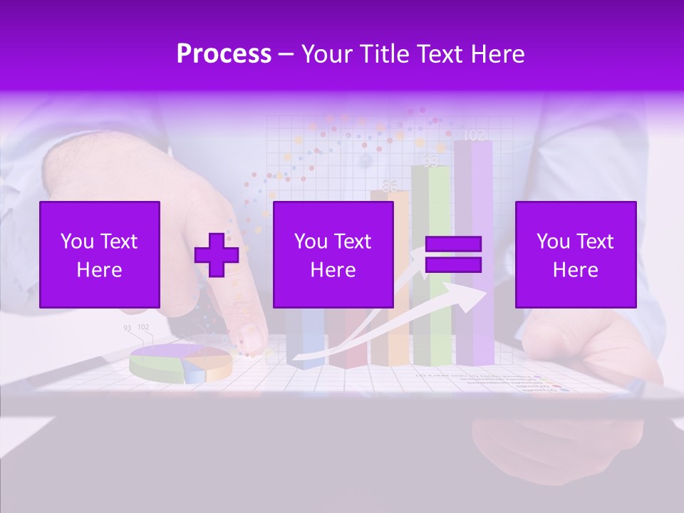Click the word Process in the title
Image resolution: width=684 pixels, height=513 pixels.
click(x=224, y=53)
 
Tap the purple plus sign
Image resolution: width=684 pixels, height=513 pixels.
click(x=217, y=255)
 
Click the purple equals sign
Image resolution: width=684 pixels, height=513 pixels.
click(x=453, y=254)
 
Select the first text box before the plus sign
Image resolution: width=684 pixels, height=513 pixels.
click(x=100, y=254)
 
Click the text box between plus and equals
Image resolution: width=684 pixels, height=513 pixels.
click(x=333, y=254)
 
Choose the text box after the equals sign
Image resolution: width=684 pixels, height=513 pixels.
click(x=575, y=254)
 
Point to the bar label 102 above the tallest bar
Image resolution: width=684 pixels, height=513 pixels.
click(x=473, y=135)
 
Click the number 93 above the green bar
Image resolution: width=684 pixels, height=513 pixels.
click(x=430, y=162)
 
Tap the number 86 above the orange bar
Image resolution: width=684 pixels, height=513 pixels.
click(x=390, y=187)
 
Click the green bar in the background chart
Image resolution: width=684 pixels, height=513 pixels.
click(x=431, y=335)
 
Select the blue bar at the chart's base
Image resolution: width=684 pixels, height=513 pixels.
click(x=305, y=338)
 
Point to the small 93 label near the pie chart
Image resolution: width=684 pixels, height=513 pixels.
click(x=127, y=328)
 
